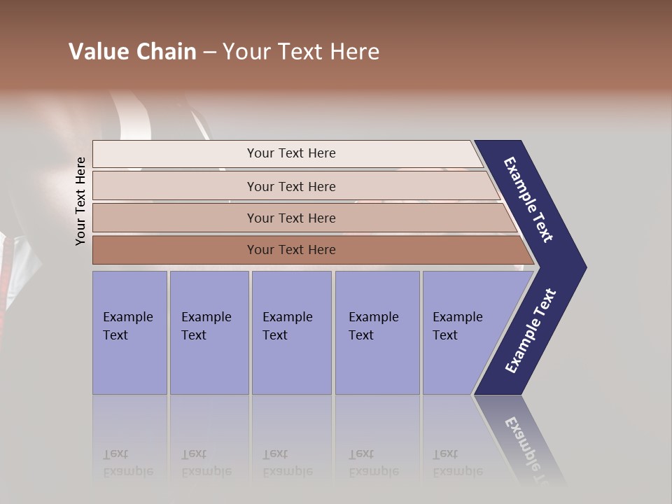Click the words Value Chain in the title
click(132, 52)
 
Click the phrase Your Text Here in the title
click(301, 52)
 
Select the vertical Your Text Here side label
click(81, 202)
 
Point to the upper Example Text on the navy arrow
click(528, 199)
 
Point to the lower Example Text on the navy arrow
click(531, 331)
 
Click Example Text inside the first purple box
click(127, 326)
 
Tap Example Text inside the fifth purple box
click(457, 326)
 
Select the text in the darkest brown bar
click(291, 250)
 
